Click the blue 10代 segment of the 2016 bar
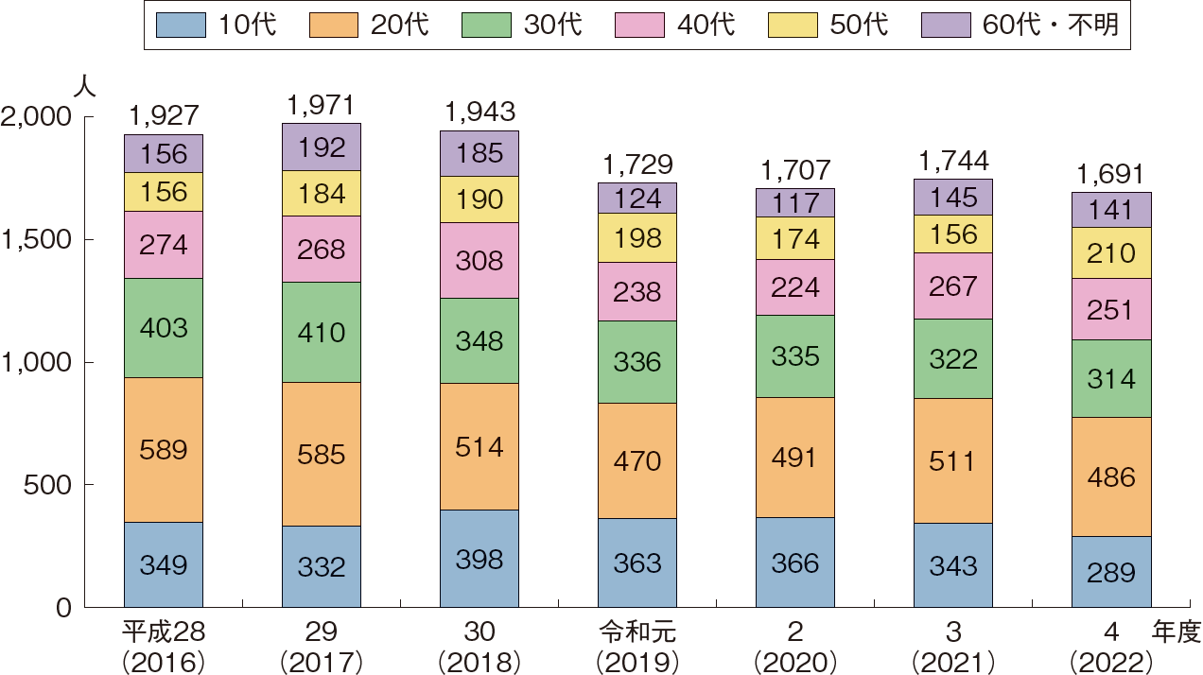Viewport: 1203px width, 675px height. click(164, 564)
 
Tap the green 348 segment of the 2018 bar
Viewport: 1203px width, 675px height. click(479, 340)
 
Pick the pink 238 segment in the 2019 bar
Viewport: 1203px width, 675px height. click(637, 292)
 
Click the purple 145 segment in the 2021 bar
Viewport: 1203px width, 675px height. click(953, 197)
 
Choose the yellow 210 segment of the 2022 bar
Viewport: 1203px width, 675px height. click(1111, 253)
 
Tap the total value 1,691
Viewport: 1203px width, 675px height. click(1111, 174)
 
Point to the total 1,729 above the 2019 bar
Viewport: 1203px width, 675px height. click(637, 164)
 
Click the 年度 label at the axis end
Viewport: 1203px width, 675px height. click(1177, 631)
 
